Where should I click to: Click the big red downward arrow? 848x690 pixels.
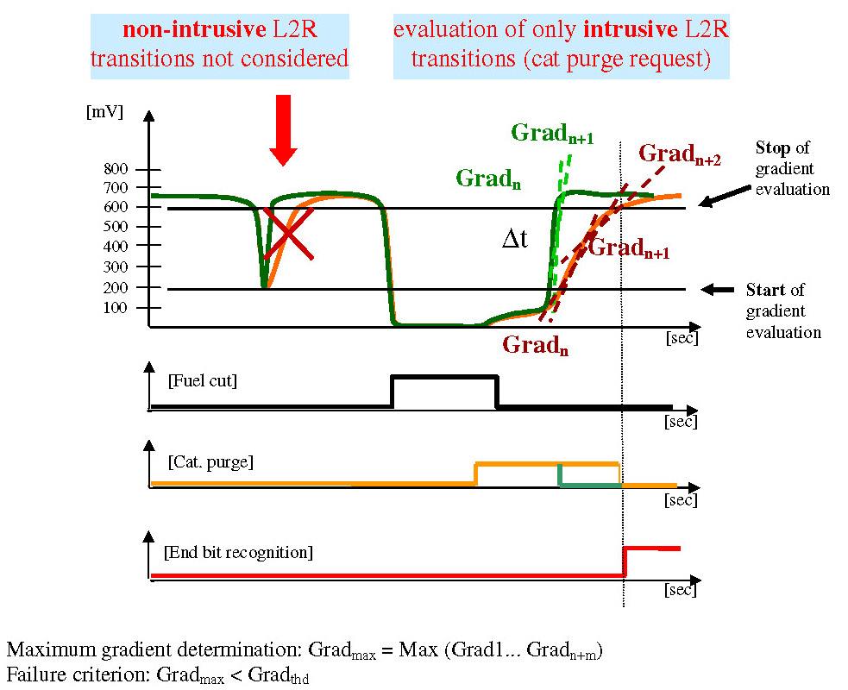coord(283,129)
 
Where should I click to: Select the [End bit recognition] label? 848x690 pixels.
coord(238,551)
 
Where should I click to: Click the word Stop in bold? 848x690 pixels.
coord(772,147)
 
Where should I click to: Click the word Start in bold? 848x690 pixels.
coord(773,290)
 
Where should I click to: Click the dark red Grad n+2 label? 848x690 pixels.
coord(679,154)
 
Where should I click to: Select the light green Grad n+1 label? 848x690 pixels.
coord(551,134)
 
